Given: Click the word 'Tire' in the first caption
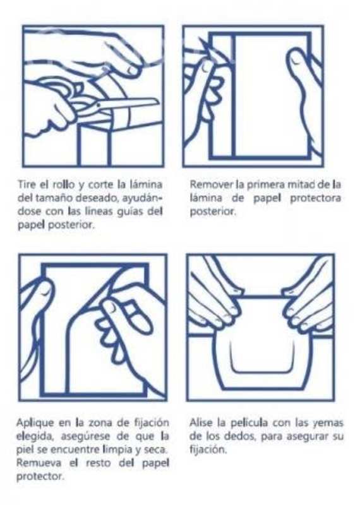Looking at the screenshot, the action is pos(27,185).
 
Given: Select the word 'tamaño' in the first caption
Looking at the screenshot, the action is pos(54,198).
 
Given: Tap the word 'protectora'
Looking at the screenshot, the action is pos(316,198).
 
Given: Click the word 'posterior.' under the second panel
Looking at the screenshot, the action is pos(213,212).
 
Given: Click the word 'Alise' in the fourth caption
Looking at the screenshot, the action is pos(201,422).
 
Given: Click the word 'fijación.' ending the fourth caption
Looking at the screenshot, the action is pos(208,449).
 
